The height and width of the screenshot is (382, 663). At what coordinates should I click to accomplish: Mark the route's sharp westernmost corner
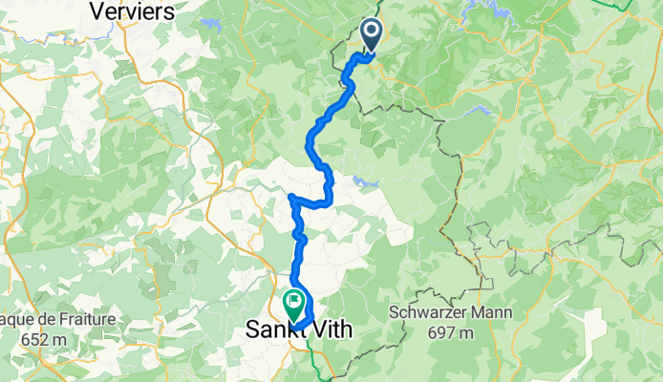tap(290, 197)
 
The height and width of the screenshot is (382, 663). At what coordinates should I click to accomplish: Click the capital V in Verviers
tap(96, 11)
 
